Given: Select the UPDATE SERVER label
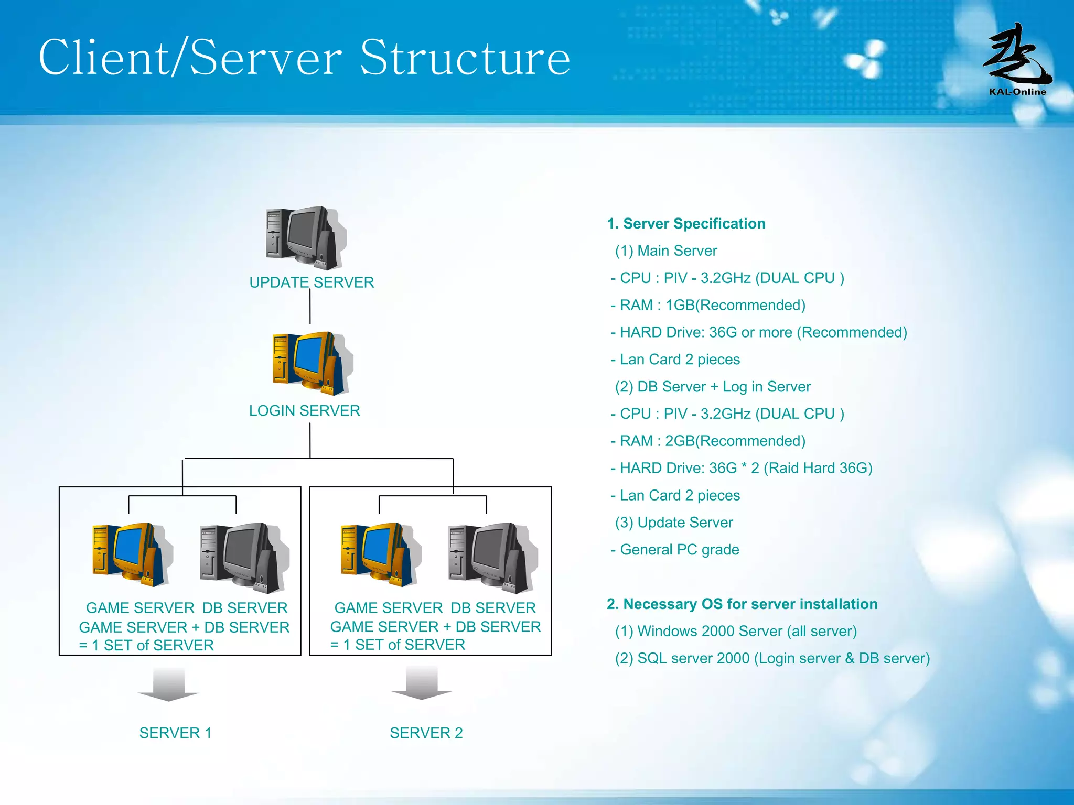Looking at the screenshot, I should click(x=312, y=282).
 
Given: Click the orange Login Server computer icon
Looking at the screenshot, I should click(x=310, y=362).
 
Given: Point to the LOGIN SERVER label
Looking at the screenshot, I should click(x=304, y=410).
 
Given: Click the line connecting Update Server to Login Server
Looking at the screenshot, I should click(x=310, y=307).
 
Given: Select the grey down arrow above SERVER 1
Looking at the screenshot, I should click(x=168, y=684).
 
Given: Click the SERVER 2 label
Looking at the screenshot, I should click(x=426, y=733).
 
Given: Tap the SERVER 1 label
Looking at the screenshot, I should click(x=175, y=733).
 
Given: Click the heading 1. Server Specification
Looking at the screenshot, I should click(x=686, y=224).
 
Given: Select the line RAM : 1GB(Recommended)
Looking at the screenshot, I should click(x=708, y=305).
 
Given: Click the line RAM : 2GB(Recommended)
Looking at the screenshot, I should click(x=708, y=441).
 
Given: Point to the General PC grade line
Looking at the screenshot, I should click(x=675, y=550).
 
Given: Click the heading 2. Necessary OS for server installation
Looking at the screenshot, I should click(x=742, y=604).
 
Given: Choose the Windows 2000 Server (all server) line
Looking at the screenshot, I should click(x=736, y=632).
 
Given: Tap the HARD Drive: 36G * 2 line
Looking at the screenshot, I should click(x=742, y=468).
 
